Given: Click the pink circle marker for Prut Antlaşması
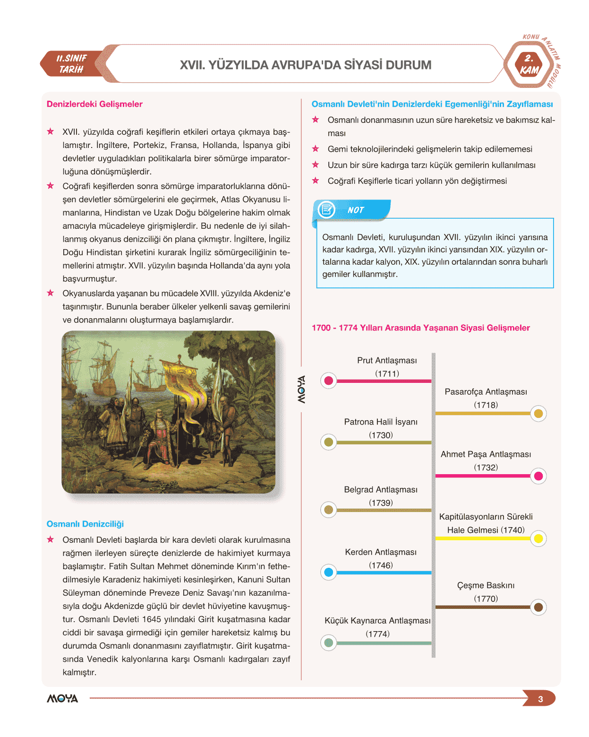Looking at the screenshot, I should click(x=329, y=381).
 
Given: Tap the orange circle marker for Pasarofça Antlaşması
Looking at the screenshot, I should click(x=538, y=414).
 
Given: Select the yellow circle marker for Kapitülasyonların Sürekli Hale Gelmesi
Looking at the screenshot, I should click(x=538, y=538).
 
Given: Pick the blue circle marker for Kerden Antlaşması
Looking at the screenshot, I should click(x=329, y=572).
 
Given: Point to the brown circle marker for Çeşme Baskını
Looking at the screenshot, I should click(x=538, y=607).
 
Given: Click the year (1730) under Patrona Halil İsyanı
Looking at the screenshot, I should click(x=381, y=435).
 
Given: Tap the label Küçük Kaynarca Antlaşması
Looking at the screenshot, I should click(x=377, y=621).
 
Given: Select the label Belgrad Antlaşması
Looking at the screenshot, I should click(x=381, y=490).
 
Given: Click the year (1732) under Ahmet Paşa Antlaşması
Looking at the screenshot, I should click(x=486, y=468).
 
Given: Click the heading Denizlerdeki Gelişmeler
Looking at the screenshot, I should click(x=94, y=104).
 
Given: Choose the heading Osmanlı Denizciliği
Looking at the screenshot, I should click(x=85, y=524).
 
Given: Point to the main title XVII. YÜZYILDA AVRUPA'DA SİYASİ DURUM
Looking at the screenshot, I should click(x=306, y=65).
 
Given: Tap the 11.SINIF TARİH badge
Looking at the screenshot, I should click(x=72, y=64).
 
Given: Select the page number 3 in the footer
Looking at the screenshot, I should click(x=540, y=699).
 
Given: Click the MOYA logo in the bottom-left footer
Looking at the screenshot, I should click(x=62, y=699).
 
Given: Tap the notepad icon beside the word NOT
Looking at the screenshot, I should click(x=326, y=209).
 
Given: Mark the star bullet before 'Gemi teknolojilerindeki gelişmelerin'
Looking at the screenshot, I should click(x=316, y=149).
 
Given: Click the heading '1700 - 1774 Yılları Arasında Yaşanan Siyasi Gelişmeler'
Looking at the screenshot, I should click(x=420, y=328).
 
